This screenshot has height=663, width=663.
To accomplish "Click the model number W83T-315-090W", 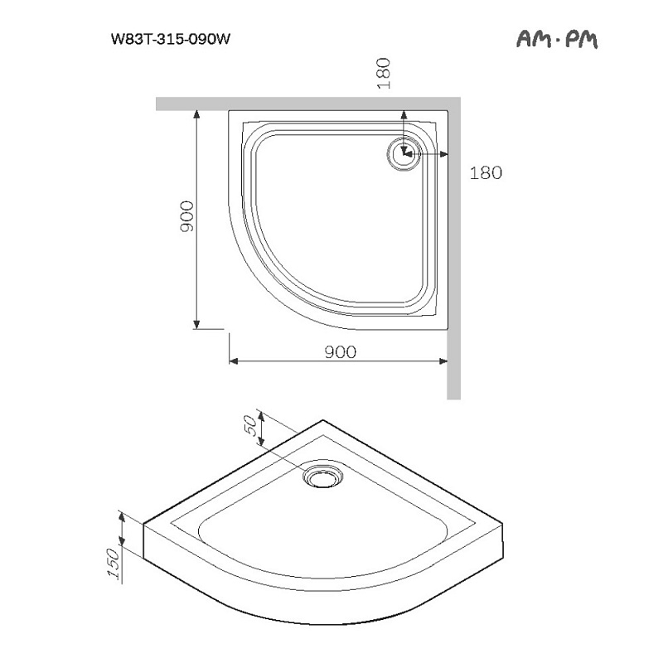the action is (171, 39).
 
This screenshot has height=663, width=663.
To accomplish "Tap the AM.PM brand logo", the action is (557, 40).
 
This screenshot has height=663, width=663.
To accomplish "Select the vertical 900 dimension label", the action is (186, 216).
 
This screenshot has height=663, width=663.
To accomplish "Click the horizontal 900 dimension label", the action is (341, 351).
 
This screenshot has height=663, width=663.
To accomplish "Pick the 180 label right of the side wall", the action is (486, 172).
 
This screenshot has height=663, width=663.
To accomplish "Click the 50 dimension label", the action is (251, 425).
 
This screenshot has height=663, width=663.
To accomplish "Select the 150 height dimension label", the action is (114, 564).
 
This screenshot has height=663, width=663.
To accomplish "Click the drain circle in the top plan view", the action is (404, 154).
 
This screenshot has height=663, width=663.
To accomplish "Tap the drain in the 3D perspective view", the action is (323, 477).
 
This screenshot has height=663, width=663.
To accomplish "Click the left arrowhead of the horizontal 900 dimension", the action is (234, 361).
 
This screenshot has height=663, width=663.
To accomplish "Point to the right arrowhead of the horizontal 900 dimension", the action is (443, 361).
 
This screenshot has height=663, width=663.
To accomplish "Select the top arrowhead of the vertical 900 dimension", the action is (196, 114).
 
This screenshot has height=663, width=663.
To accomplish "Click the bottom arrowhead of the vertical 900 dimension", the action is (196, 324).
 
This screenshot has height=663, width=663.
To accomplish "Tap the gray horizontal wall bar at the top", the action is (308, 104).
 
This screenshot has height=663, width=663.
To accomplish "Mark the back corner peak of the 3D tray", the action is (322, 420).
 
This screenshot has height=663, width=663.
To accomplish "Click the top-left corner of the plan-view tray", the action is (229, 111).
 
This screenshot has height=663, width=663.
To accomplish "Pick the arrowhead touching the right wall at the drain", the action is (443, 154).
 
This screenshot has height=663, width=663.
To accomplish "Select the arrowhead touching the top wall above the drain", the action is (404, 115).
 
